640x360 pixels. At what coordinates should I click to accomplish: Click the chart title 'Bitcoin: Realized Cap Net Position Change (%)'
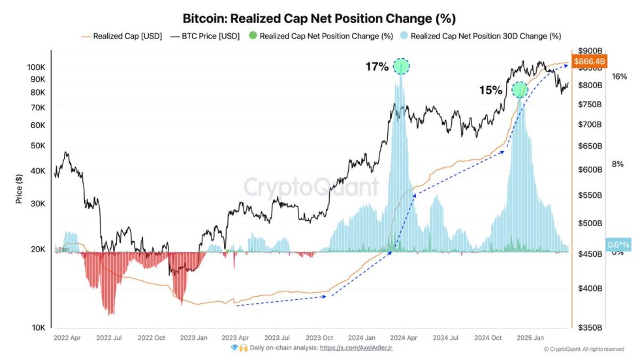(320, 18)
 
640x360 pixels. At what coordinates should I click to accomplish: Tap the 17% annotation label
(377, 67)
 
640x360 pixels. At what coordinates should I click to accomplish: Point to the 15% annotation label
(490, 91)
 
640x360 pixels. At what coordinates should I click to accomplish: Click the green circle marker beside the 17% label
(402, 66)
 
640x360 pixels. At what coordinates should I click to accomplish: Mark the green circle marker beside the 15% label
(519, 90)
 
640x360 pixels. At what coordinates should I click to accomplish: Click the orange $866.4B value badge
(589, 61)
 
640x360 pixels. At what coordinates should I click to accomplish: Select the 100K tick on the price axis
(36, 67)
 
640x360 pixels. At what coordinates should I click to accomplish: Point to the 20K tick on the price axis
(37, 250)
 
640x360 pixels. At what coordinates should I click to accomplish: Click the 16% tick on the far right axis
(619, 76)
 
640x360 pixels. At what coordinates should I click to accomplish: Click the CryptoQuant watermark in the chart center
(312, 188)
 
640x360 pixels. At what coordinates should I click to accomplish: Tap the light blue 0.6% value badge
(618, 244)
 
